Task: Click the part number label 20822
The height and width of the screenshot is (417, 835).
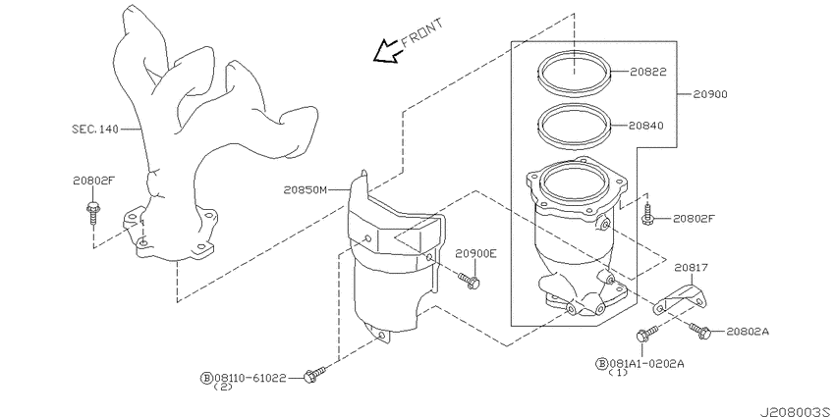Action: tap(650, 72)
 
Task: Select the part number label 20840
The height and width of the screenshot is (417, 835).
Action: tap(650, 126)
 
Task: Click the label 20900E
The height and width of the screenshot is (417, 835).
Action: tap(475, 253)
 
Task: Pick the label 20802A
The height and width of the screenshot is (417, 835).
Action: tap(749, 332)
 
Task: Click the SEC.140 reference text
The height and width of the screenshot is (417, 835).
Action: tap(94, 129)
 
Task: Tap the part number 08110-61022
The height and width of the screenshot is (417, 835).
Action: tap(250, 377)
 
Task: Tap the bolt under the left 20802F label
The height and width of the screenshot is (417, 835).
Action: tap(92, 209)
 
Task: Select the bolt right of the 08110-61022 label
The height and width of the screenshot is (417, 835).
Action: tap(314, 374)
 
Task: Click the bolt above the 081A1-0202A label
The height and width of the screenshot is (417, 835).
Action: tap(643, 337)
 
